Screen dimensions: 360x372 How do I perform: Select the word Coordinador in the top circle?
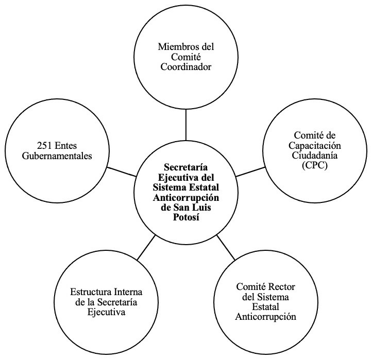(x=185, y=66)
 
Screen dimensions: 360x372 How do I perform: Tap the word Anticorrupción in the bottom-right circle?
(x=265, y=317)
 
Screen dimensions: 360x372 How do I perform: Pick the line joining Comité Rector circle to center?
(x=225, y=247)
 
